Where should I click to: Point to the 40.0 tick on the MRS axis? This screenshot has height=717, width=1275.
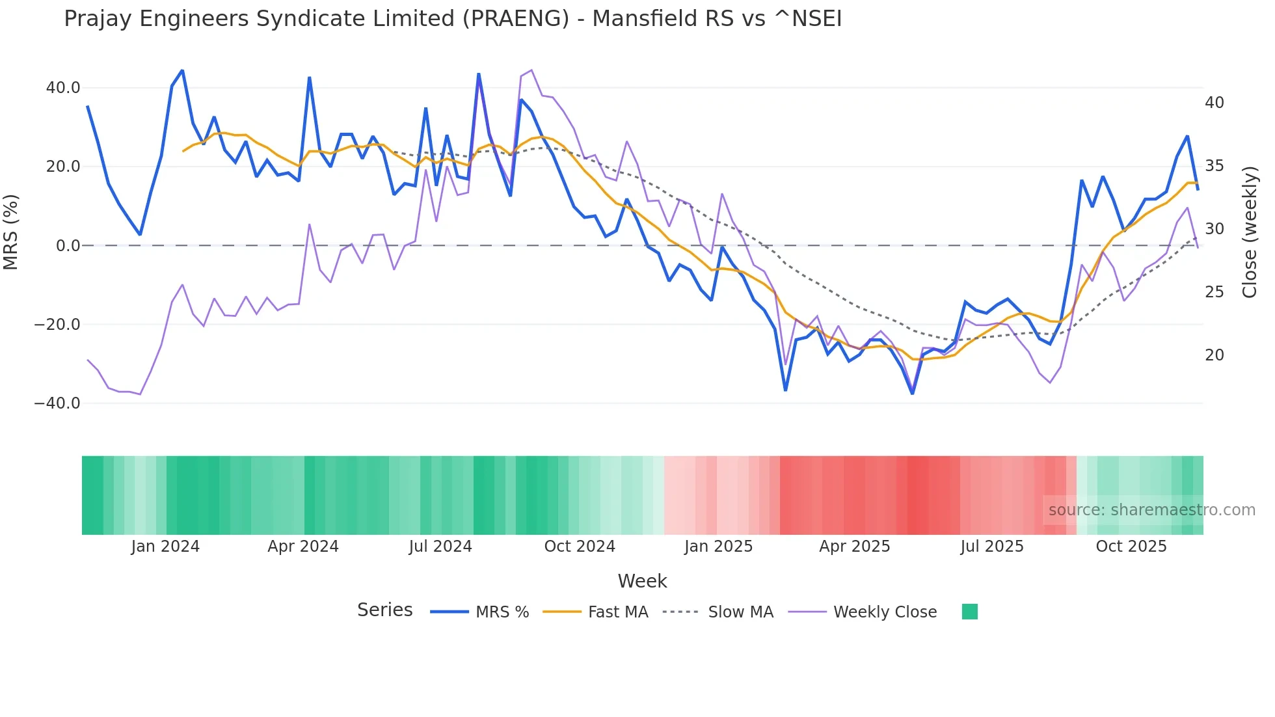click(63, 88)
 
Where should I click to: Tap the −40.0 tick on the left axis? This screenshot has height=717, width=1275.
click(58, 403)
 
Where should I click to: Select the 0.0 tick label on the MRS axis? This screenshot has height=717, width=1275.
click(68, 246)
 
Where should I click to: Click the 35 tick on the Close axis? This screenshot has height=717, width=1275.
click(1215, 166)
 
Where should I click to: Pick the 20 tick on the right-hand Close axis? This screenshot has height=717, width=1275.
click(1215, 355)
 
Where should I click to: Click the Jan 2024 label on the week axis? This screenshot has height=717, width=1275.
click(165, 547)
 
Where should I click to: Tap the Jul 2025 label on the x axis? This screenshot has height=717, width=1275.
click(992, 547)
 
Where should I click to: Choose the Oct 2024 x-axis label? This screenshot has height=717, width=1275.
click(580, 547)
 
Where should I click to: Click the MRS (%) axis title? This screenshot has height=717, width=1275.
click(11, 232)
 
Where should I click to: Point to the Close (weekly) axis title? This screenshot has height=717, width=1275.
click(1250, 232)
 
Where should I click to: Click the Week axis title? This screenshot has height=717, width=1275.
click(642, 581)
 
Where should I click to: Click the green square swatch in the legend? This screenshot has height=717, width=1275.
click(970, 612)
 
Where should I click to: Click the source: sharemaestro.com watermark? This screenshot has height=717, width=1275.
click(1151, 510)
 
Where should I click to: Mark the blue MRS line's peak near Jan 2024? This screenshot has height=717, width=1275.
click(182, 70)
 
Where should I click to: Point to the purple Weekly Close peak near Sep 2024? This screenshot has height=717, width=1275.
click(531, 70)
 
